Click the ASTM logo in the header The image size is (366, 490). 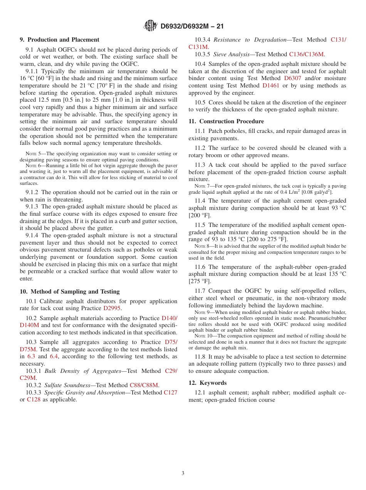coord(150,26)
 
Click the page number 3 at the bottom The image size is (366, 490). coord(183,473)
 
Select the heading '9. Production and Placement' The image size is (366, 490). coord(59,40)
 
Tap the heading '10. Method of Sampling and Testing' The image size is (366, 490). coord(70,292)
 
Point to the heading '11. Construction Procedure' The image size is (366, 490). coord(226,121)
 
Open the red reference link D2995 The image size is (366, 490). coord(112,309)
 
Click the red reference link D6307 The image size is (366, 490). coord(292,78)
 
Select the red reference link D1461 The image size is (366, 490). coord(272,86)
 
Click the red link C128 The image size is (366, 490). coord(34,399)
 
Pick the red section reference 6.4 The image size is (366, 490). coord(55,357)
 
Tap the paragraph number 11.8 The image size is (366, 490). coord(200,357)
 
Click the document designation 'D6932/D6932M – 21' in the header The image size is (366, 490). coord(192,26)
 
